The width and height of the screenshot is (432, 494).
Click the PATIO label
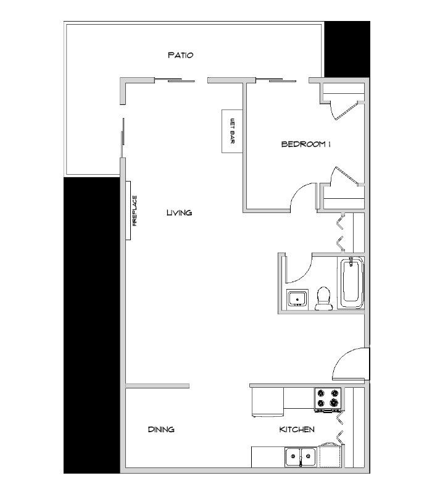click(x=181, y=55)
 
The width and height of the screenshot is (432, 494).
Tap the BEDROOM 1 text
click(x=307, y=144)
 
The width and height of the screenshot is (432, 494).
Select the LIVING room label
click(x=179, y=212)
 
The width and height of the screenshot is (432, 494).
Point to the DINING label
click(x=161, y=429)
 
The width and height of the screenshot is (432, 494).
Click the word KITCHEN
click(x=297, y=429)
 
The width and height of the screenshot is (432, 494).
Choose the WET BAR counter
click(x=231, y=130)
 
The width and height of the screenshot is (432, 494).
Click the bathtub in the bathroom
click(x=352, y=283)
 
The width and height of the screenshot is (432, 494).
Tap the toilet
click(x=322, y=299)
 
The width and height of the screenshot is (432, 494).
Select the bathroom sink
click(x=298, y=299)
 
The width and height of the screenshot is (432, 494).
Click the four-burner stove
click(x=328, y=399)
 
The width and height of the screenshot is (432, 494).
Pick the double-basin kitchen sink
click(x=300, y=458)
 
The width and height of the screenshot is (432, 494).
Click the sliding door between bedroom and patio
click(x=281, y=80)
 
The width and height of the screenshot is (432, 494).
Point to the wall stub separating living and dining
click(x=157, y=386)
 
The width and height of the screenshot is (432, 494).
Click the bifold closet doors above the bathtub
click(x=341, y=233)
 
